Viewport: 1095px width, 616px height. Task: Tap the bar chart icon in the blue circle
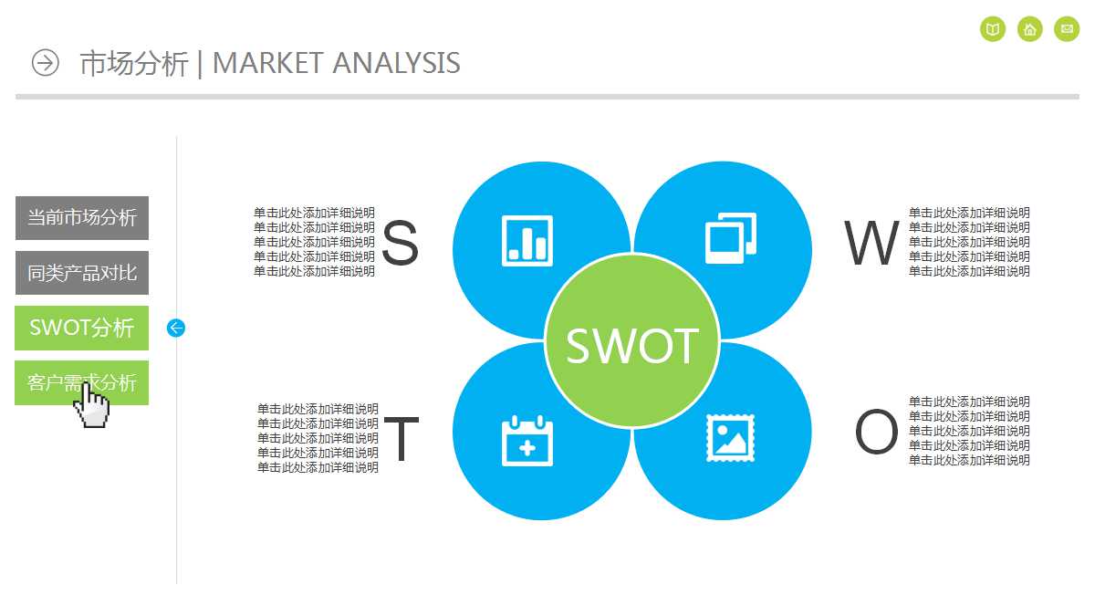coord(527,241)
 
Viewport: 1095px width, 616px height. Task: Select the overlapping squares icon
coord(731,238)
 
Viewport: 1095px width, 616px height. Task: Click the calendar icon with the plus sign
coord(527,441)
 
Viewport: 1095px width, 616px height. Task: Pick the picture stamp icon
coord(731,439)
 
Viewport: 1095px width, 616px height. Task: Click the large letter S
coord(400,244)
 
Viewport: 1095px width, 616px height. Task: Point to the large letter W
coord(871,244)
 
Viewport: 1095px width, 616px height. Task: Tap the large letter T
coord(401,440)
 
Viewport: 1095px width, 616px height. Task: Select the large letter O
coord(876,433)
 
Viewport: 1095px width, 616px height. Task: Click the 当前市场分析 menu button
coord(82,218)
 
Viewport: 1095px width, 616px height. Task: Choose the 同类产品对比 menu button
coord(82,273)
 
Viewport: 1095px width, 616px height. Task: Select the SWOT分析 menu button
coord(82,328)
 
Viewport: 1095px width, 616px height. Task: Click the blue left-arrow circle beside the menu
coord(176,328)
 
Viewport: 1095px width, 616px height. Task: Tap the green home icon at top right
coord(1030,29)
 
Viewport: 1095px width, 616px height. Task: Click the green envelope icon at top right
coord(1067,29)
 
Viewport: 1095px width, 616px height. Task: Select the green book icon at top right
coord(993,29)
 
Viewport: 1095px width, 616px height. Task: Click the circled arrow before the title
coord(45,63)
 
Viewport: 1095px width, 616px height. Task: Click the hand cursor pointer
coord(91,406)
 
